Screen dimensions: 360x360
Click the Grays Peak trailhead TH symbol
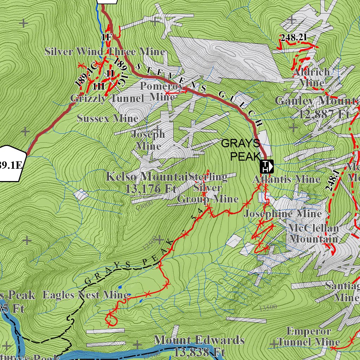coord(267,166)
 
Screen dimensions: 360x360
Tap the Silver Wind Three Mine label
coord(105,52)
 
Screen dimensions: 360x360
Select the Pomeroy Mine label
coord(162,91)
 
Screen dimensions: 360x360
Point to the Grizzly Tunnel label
coord(107,98)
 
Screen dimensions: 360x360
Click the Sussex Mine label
coord(108,118)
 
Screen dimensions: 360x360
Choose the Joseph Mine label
coord(148,140)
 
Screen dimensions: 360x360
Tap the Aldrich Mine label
coord(311,77)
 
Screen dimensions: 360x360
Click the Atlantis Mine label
coord(286,179)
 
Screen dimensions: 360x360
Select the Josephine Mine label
coord(283,214)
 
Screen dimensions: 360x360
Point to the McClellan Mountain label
coord(313,233)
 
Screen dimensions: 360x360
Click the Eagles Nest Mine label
coord(85,295)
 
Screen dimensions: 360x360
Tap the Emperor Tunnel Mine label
coord(309,336)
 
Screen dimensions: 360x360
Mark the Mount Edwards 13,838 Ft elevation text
coord(199,346)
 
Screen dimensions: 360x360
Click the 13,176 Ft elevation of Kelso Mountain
coord(150,189)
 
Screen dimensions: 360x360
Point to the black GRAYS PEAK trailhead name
coord(241,149)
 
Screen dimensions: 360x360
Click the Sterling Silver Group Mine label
coord(208,188)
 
